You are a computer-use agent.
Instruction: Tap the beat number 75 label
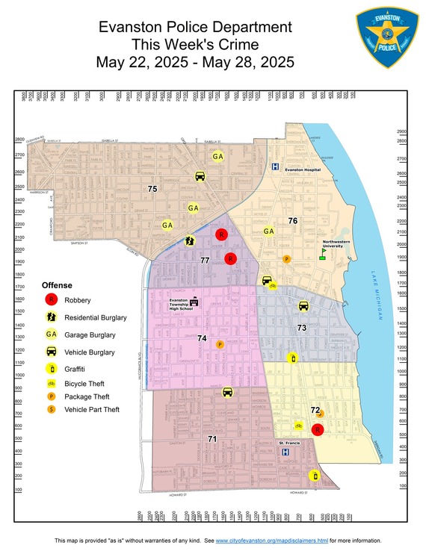(x=152, y=190)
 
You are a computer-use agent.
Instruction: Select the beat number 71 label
(x=212, y=439)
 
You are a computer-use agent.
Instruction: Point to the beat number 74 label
(x=201, y=338)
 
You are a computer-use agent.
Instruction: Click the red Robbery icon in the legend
(x=51, y=300)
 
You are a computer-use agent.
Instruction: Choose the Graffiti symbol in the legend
(x=51, y=369)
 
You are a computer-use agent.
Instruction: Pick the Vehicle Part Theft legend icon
(x=51, y=409)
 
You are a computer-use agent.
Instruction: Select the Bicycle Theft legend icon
(x=51, y=383)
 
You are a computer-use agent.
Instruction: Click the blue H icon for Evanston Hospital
(x=275, y=167)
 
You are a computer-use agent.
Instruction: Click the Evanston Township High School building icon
(x=194, y=302)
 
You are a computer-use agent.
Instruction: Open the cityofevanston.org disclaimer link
(x=272, y=541)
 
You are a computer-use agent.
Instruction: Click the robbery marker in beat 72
(x=317, y=430)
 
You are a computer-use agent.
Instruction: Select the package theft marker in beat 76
(x=286, y=259)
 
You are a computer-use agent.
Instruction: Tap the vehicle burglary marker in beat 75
(x=200, y=176)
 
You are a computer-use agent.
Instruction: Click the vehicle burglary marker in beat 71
(x=228, y=392)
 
